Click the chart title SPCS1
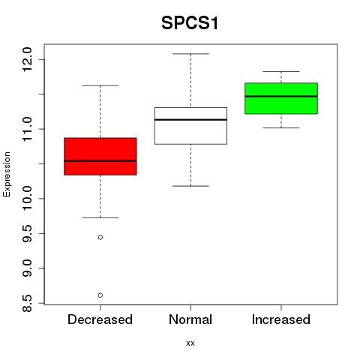[x=190, y=23]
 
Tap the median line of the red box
[x=100, y=160]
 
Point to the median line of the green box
[x=281, y=96]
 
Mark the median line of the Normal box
[x=190, y=120]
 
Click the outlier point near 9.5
[x=100, y=237]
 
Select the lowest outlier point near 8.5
[x=100, y=295]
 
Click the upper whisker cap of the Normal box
[x=190, y=54]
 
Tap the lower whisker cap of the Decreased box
[x=100, y=217]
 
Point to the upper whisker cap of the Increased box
[x=281, y=71]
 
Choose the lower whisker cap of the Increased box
[x=281, y=127]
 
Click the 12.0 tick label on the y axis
[x=27, y=59]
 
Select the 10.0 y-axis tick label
[x=27, y=199]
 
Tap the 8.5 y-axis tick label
[x=27, y=303]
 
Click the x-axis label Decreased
[x=100, y=319]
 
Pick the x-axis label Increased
[x=281, y=319]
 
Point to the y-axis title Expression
[x=7, y=174]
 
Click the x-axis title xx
[x=190, y=343]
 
